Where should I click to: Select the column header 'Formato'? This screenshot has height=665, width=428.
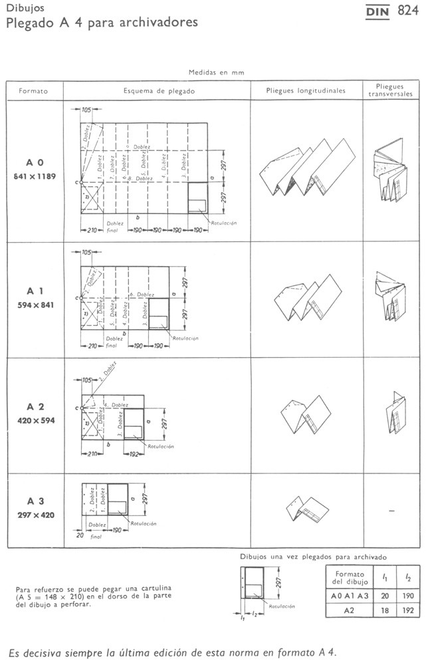[33, 90]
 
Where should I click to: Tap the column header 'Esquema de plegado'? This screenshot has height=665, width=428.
[159, 90]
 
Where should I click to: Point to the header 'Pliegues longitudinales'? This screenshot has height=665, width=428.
[306, 90]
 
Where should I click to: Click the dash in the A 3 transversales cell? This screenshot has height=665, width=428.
[391, 511]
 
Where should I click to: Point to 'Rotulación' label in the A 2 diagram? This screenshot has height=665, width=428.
[161, 446]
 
